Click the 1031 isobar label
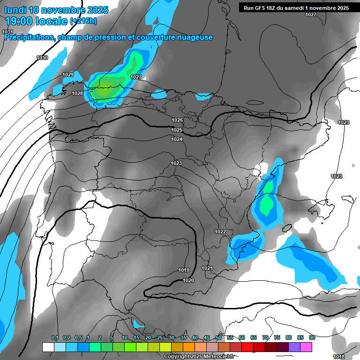(7, 32)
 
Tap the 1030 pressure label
(42, 58)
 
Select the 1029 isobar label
(68, 75)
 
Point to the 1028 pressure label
(77, 93)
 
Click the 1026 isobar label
(177, 120)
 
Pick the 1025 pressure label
(177, 130)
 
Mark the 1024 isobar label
(177, 139)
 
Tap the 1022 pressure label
(220, 232)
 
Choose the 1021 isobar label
(207, 268)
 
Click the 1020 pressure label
(188, 280)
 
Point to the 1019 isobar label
(184, 270)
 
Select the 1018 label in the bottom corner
(338, 357)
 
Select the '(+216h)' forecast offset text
(84, 21)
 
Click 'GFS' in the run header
(262, 8)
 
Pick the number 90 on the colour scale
(312, 338)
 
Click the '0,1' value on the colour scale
(55, 338)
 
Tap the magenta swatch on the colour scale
(306, 347)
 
